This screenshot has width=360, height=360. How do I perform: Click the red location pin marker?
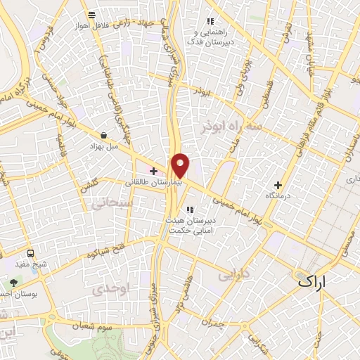tap(180, 165)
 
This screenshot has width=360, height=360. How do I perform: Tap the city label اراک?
tap(314, 281)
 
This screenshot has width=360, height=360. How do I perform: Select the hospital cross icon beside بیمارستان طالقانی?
tap(153, 171)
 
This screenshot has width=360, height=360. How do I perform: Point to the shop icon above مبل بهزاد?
tap(104, 135)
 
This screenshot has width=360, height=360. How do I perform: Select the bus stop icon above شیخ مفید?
tap(30, 253)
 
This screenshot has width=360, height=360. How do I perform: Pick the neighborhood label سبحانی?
tap(108, 204)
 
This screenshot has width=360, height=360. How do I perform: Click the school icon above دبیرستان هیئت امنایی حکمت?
tap(189, 209)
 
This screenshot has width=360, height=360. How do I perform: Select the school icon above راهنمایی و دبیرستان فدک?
tap(209, 22)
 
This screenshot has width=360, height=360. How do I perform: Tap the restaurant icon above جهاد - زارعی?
tap(91, 15)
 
